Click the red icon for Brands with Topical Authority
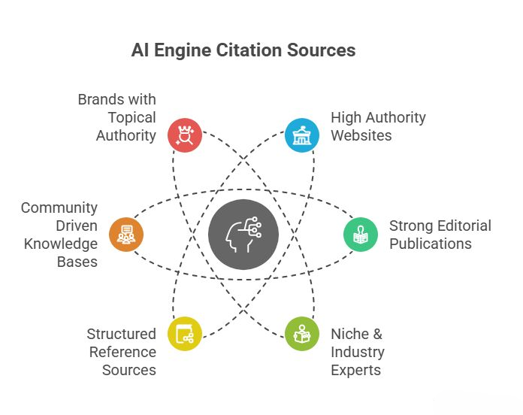[184, 135]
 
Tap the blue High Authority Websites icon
[302, 135]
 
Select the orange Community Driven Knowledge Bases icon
[125, 234]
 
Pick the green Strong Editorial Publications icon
[361, 234]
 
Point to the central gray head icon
[243, 234]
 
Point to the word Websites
[361, 135]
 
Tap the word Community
[59, 207]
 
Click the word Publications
[431, 244]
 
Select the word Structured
[121, 334]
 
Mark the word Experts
[356, 370]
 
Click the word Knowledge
[61, 244]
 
